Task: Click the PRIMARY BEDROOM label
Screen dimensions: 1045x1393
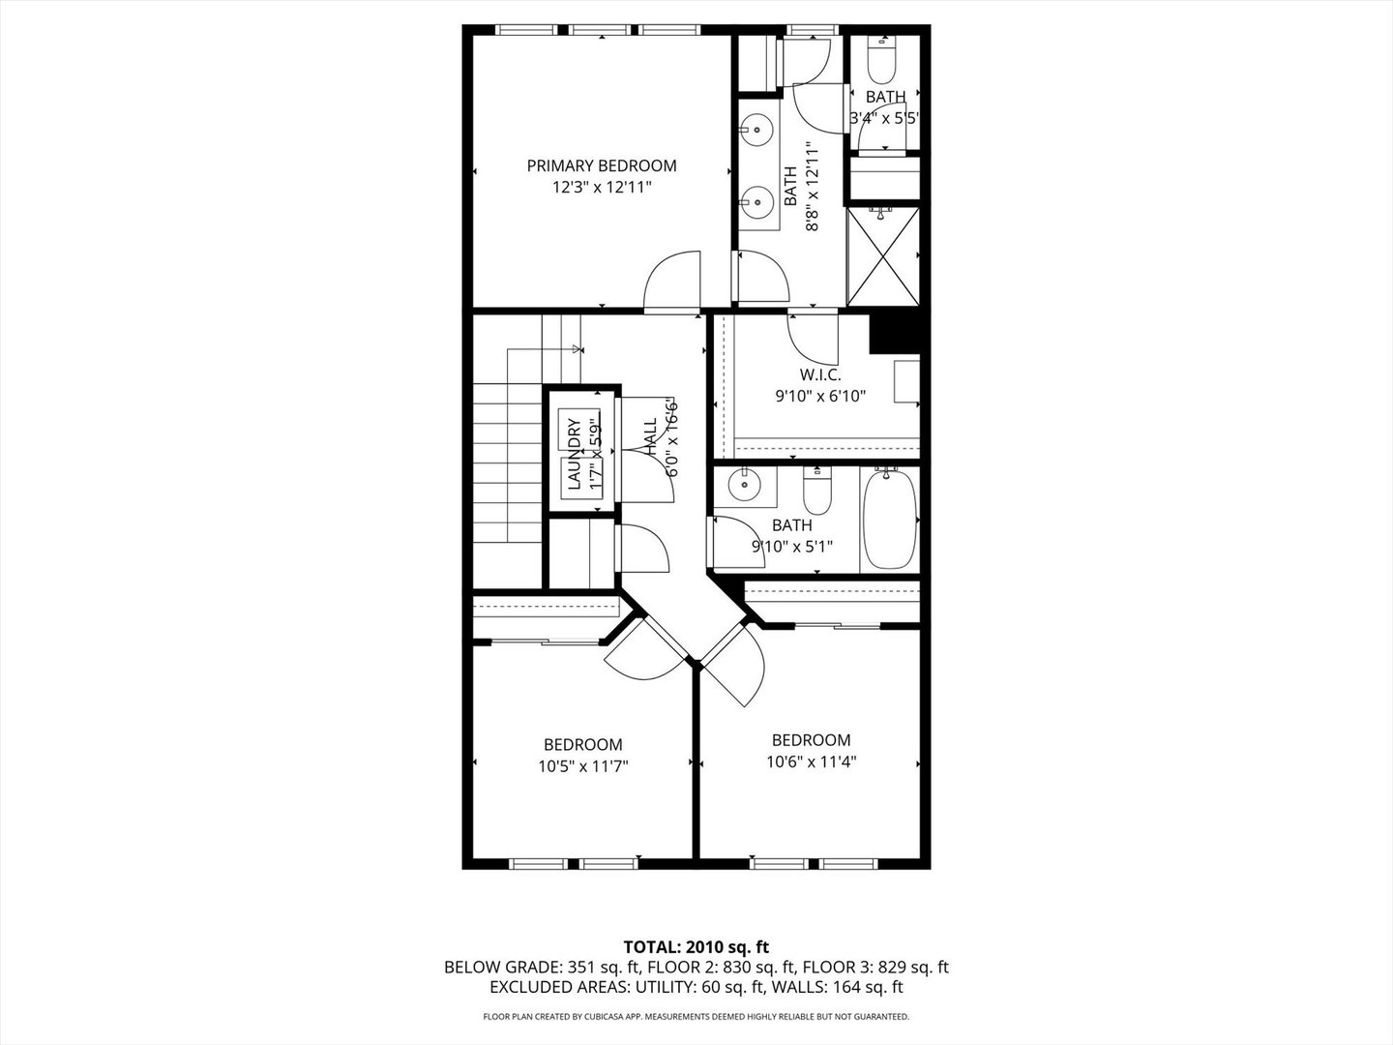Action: (601, 165)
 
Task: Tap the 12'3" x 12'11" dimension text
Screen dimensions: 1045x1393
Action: (601, 188)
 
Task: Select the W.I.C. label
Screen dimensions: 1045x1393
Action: (819, 374)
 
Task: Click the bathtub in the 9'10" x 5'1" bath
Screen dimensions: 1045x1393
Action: (888, 520)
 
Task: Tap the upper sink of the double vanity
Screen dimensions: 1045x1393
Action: (758, 128)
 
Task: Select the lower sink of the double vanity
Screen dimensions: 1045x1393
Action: (758, 203)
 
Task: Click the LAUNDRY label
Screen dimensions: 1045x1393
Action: (573, 451)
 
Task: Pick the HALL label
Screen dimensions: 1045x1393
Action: (649, 437)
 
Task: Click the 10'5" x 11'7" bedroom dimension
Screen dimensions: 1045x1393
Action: (584, 766)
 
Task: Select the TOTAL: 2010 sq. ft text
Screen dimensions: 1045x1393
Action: (696, 946)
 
